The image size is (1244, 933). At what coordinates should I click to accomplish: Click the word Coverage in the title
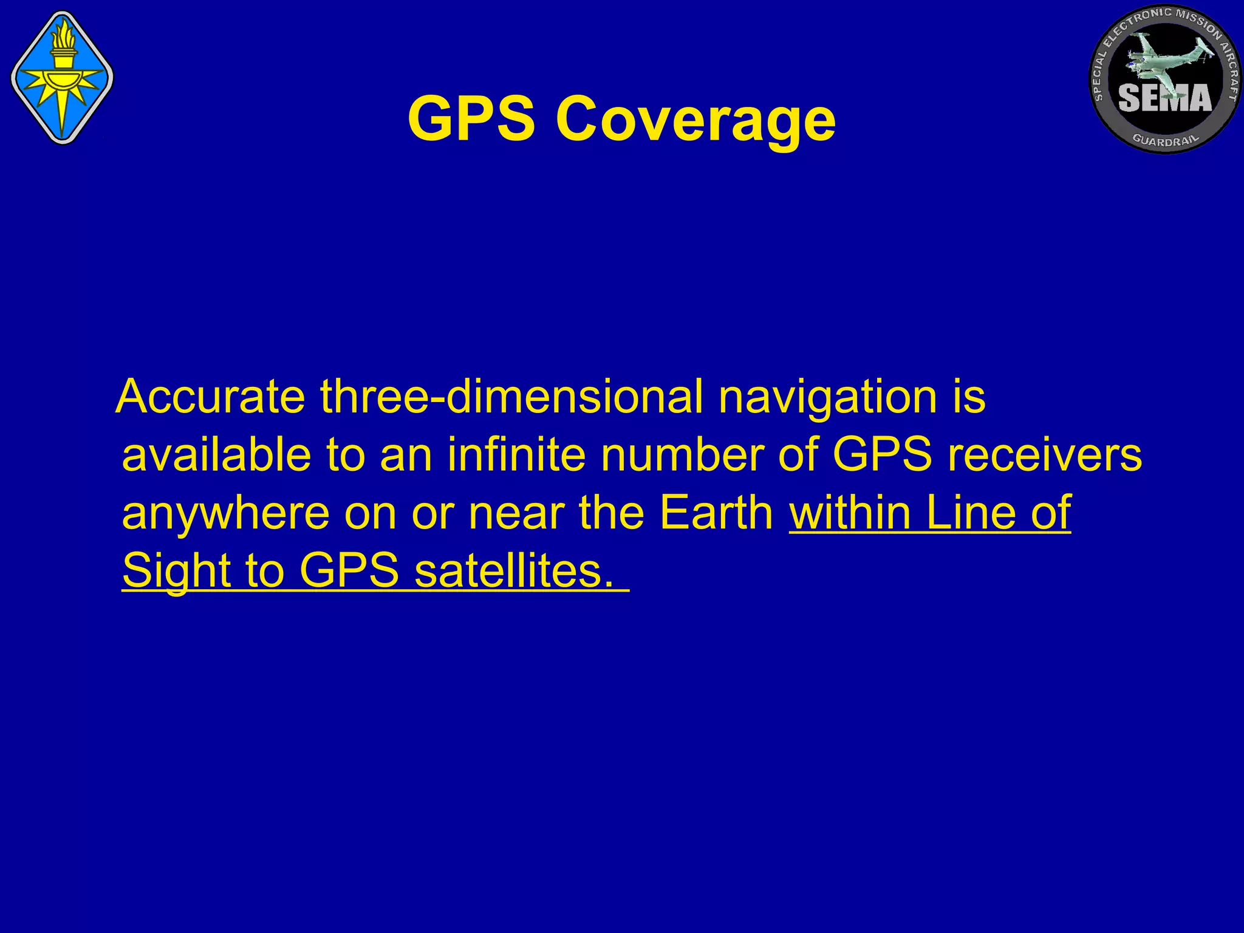(x=695, y=120)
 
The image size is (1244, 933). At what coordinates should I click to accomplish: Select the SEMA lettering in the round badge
(x=1164, y=98)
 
